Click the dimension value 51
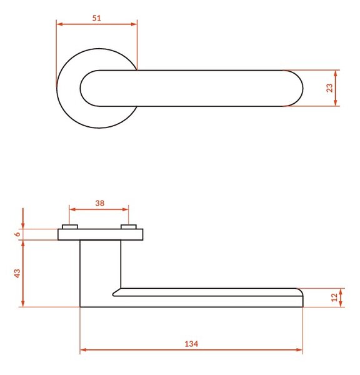point(97,18)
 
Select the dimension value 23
point(329,87)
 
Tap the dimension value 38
point(100,203)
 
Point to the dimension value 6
point(17,234)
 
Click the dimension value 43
point(17,273)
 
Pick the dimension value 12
point(334,297)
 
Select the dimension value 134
point(191,344)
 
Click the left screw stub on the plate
point(70,226)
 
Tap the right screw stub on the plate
point(129,226)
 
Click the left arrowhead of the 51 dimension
point(59,24)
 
